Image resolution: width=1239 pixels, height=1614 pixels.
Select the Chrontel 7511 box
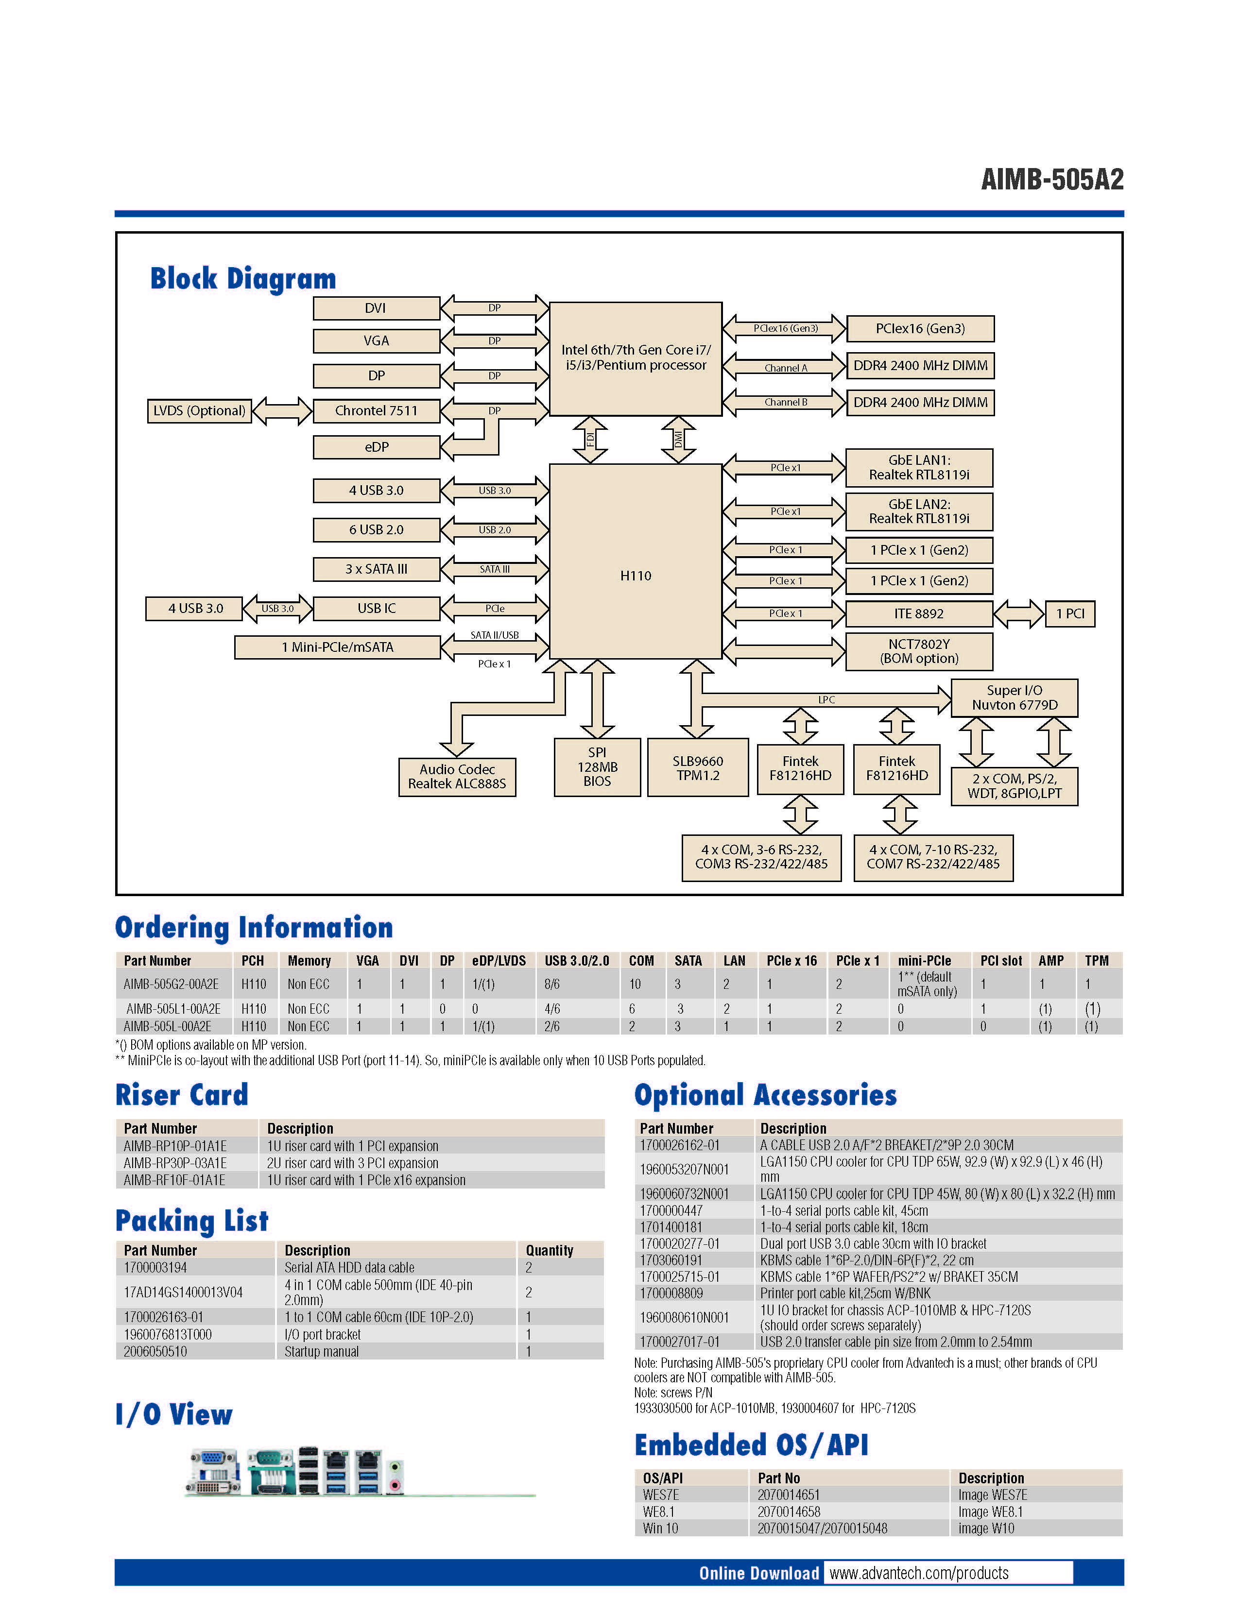pyautogui.click(x=376, y=411)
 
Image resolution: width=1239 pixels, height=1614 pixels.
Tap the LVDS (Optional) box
pyautogui.click(x=199, y=411)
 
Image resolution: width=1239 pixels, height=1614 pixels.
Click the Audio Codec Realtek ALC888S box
pyautogui.click(x=457, y=777)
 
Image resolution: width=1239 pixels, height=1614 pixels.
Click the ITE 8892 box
pyautogui.click(x=918, y=613)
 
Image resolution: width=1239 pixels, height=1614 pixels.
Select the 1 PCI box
pyautogui.click(x=1069, y=613)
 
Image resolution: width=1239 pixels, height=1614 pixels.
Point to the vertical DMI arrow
pyautogui.click(x=678, y=440)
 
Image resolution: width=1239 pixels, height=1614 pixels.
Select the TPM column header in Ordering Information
pyautogui.click(x=1096, y=961)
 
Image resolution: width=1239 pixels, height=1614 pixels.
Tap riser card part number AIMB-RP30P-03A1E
pyautogui.click(x=175, y=1163)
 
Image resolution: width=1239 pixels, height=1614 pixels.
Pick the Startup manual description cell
pyautogui.click(x=322, y=1352)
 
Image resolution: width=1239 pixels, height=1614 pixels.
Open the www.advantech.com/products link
pyautogui.click(x=918, y=1573)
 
